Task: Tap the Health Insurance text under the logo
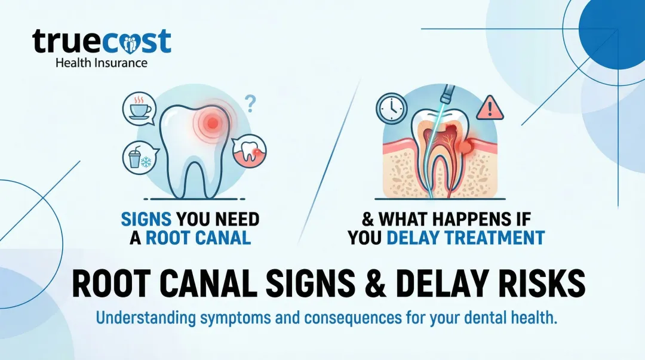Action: tap(101, 62)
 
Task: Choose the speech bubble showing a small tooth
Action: tap(248, 152)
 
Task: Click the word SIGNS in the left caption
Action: tap(148, 220)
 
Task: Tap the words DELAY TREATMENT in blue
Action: tap(466, 238)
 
